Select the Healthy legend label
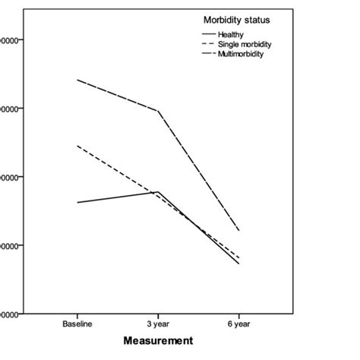click(x=230, y=34)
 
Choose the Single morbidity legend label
click(x=244, y=45)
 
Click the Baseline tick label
click(x=77, y=324)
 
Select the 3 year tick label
click(x=158, y=324)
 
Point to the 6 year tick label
click(x=238, y=324)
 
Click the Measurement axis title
click(x=160, y=341)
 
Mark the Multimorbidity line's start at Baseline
click(x=77, y=80)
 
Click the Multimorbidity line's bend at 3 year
click(x=158, y=111)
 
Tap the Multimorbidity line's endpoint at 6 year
click(x=238, y=230)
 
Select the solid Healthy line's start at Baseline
click(x=77, y=203)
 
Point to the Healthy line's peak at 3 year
click(x=158, y=192)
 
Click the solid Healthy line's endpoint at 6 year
click(x=238, y=264)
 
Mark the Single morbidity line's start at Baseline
click(x=77, y=146)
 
